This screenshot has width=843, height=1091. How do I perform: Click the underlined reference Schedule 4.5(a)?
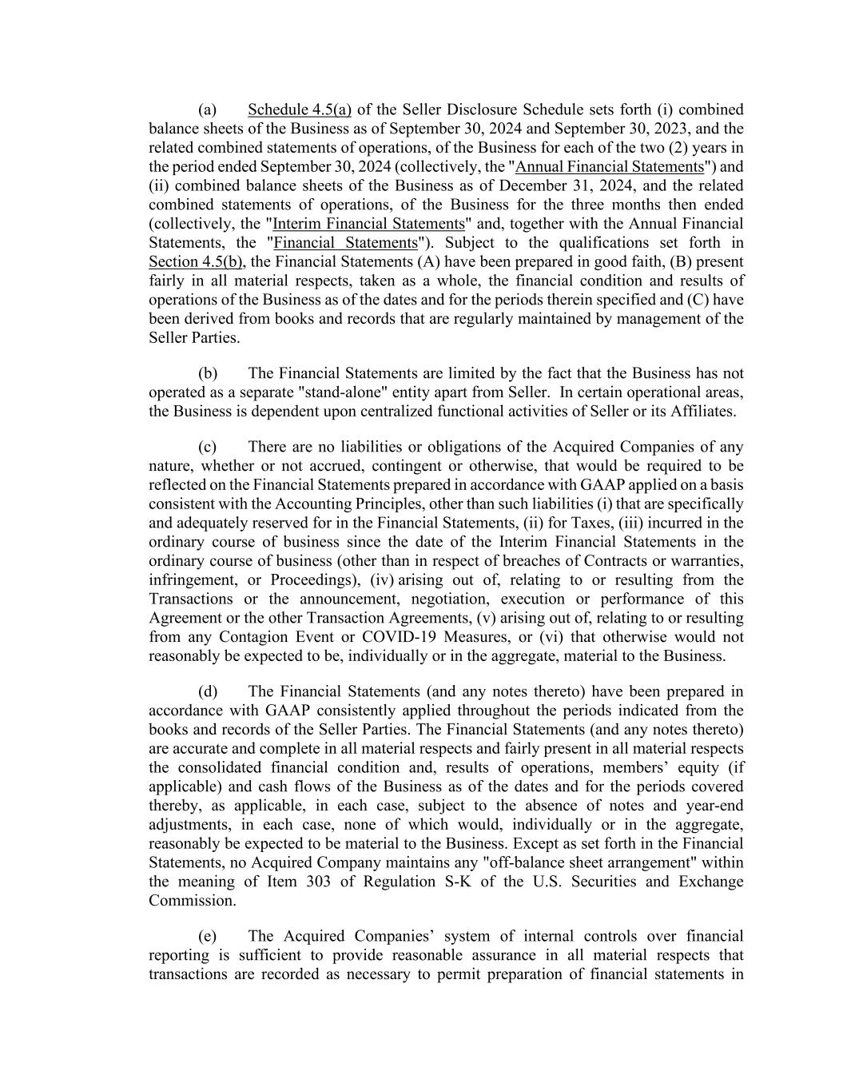300,109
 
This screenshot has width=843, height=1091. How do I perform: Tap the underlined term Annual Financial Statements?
609,167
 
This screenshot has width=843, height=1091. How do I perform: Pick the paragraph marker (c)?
208,447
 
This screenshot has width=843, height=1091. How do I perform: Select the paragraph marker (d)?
208,691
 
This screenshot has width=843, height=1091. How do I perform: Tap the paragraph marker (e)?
208,936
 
